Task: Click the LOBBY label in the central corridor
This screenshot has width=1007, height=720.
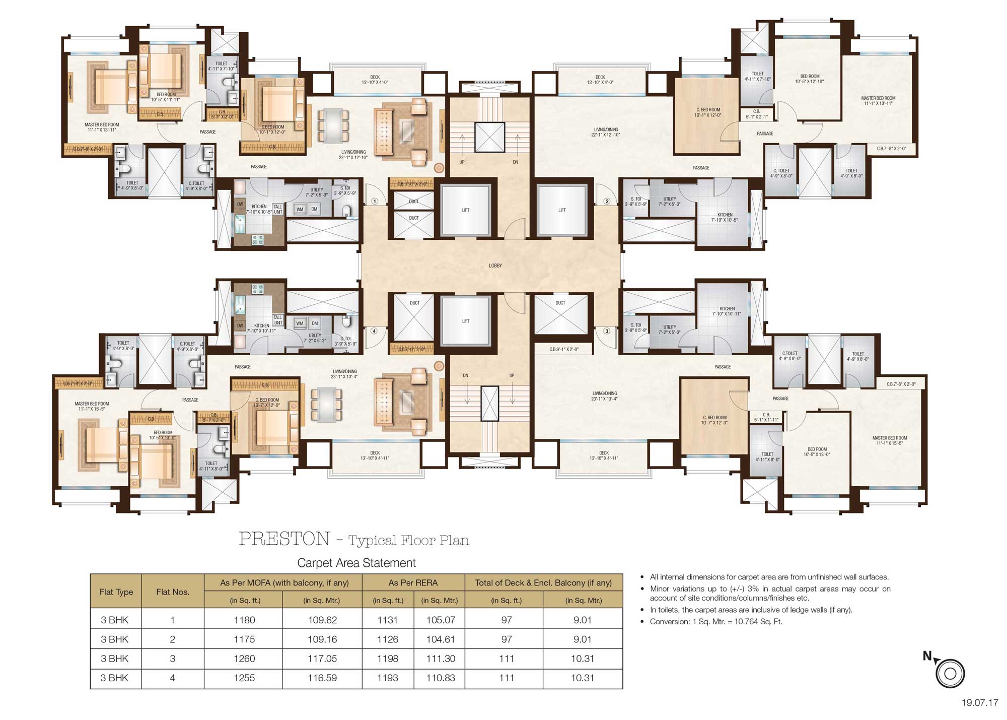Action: click(495, 266)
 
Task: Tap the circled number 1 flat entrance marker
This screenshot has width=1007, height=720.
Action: click(375, 201)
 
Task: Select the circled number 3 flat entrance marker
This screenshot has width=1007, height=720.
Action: click(607, 331)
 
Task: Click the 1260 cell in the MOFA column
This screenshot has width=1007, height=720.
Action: click(244, 659)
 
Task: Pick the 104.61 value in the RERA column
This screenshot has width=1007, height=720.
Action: click(441, 639)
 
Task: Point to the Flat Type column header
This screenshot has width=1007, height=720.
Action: click(116, 592)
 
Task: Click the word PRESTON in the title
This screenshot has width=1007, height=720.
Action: click(284, 539)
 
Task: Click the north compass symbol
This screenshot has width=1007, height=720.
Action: click(950, 673)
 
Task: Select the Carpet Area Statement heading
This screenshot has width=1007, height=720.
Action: click(356, 563)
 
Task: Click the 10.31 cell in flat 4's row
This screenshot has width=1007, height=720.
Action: click(583, 678)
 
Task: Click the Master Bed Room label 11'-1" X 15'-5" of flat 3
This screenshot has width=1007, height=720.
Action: click(890, 440)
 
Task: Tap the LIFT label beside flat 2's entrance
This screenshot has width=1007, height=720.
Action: click(562, 210)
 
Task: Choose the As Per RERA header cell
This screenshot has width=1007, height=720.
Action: click(413, 582)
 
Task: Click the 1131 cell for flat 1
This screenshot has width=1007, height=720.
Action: click(388, 620)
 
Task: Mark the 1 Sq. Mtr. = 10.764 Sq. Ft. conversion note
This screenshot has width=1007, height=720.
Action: click(716, 622)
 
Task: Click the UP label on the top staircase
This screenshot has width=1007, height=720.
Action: click(462, 162)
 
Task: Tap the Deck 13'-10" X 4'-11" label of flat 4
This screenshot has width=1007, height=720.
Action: click(375, 455)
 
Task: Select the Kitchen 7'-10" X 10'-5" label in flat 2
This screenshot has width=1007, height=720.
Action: click(725, 217)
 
